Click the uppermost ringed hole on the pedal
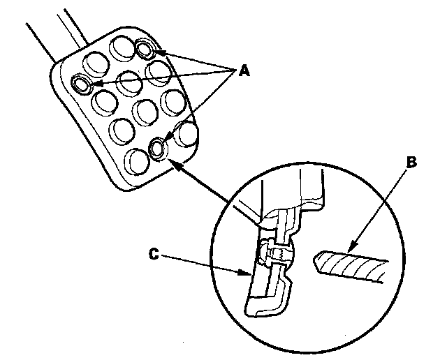[145, 48]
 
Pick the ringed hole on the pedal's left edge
[82, 84]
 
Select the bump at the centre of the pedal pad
[144, 111]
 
